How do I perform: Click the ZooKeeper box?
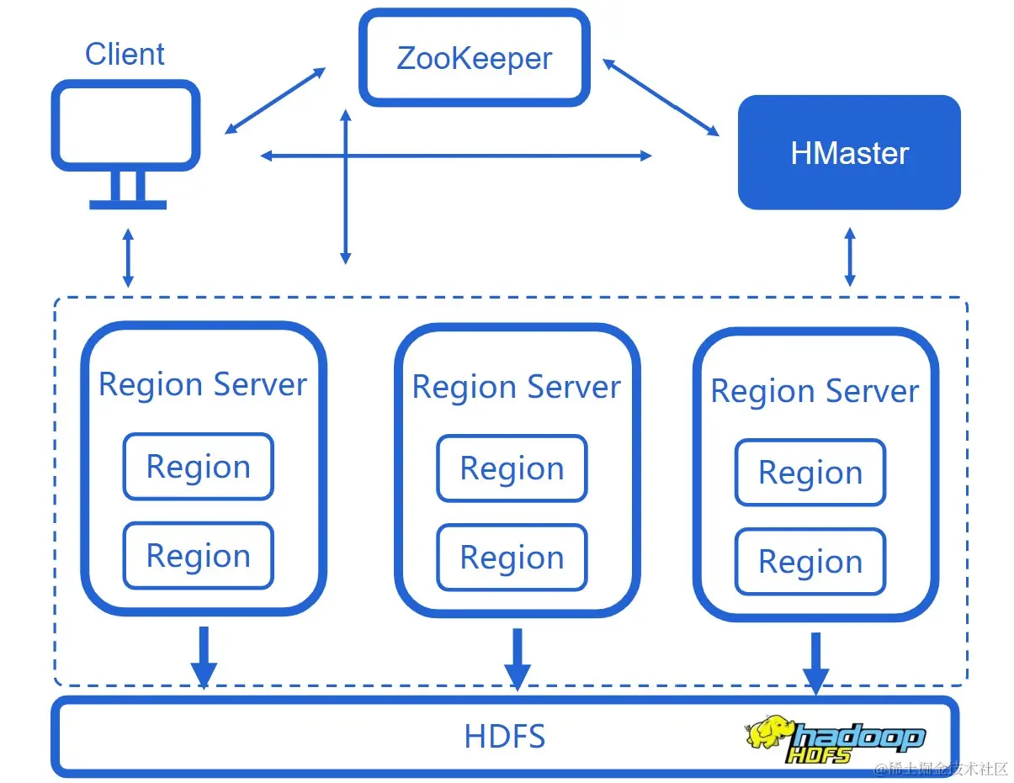click(475, 58)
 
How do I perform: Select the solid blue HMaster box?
click(849, 152)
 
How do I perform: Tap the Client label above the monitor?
click(125, 55)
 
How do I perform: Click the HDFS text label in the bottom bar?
click(505, 737)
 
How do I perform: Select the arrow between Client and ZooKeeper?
click(275, 101)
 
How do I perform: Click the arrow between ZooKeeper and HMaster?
click(661, 97)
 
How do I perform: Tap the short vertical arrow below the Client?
click(127, 257)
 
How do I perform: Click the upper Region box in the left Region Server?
click(199, 467)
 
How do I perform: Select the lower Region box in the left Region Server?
click(199, 556)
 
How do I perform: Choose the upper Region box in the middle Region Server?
click(512, 468)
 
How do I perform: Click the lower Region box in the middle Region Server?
click(512, 558)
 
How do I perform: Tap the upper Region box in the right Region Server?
click(810, 473)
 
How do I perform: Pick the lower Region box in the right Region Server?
click(810, 562)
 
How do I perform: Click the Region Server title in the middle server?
click(516, 387)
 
